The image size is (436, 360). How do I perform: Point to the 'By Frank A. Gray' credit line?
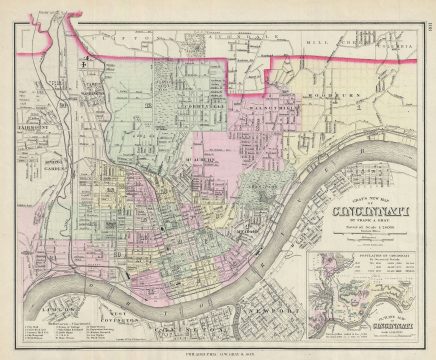click(x=361, y=222)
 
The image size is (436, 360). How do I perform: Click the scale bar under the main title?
click(x=361, y=237)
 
